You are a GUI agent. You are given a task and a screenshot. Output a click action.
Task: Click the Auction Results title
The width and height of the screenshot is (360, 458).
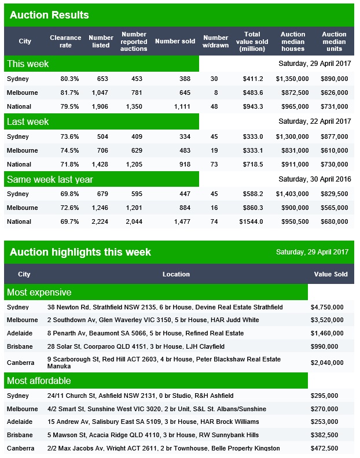[x=49, y=15]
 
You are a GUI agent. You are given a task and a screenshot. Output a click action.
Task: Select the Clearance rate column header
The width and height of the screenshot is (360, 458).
[x=65, y=42]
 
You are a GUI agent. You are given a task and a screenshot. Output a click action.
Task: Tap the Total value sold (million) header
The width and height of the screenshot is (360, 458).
[x=252, y=42]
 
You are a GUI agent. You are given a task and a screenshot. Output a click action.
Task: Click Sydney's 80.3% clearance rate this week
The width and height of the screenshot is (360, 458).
[x=69, y=79]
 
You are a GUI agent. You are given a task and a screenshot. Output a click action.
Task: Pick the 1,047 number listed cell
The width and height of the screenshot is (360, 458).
[x=100, y=93]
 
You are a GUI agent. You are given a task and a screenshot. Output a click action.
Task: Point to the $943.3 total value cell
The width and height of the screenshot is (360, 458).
[x=253, y=106]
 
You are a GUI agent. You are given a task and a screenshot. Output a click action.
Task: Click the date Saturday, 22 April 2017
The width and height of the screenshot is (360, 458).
[x=315, y=121]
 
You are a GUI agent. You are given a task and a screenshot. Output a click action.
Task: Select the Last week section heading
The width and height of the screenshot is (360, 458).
[x=28, y=121]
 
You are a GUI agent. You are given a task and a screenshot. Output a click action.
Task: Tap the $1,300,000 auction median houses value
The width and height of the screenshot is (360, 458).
[x=292, y=136]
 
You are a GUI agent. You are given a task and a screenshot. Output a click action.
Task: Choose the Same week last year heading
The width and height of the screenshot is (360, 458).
[x=50, y=179]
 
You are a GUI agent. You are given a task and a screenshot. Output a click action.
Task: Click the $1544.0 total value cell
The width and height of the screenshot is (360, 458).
[x=251, y=221]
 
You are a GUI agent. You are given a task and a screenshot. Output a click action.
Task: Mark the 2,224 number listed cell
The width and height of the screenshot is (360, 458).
[x=100, y=221]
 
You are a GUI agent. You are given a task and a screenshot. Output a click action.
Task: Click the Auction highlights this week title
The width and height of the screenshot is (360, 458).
[x=80, y=252]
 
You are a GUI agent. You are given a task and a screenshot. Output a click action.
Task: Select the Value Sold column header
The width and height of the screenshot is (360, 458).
[x=330, y=274]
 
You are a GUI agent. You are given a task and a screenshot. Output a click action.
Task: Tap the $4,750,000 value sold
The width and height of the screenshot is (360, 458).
[x=327, y=307]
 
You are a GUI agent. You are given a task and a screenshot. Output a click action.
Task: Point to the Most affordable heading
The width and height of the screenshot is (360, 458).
[x=39, y=381]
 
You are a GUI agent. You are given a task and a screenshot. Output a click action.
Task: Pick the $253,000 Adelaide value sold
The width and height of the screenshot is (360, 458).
[x=324, y=422]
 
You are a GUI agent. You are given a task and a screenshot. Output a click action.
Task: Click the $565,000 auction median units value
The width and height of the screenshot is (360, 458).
[x=335, y=208]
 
